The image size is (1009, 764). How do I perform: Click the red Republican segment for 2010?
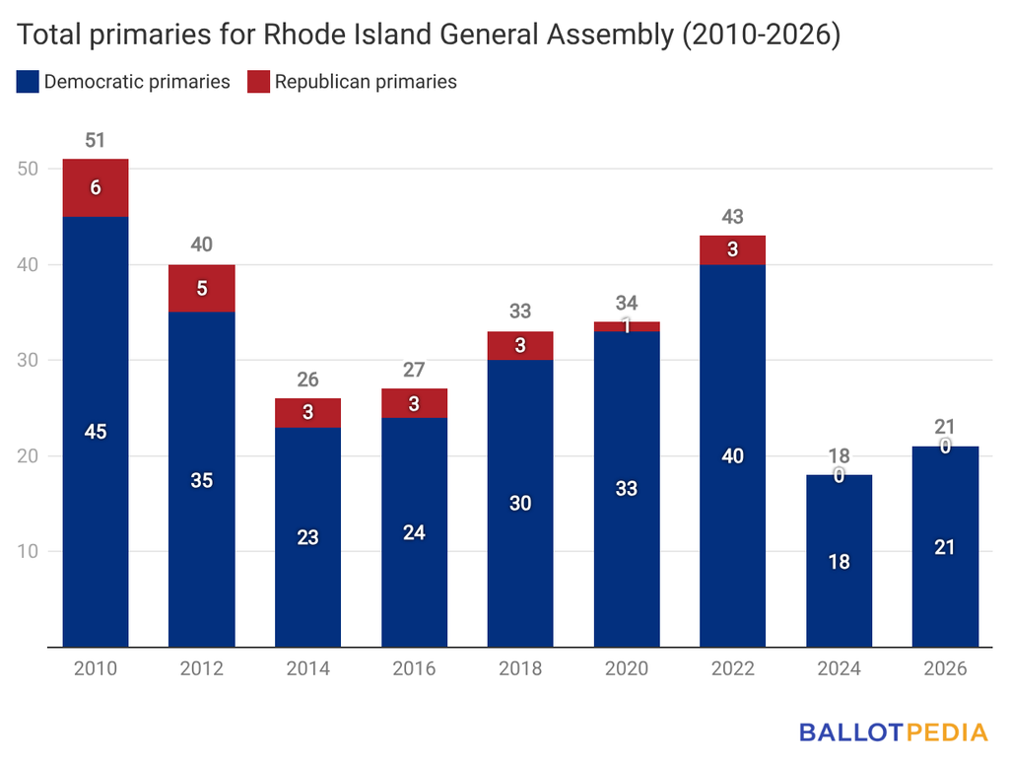tap(96, 188)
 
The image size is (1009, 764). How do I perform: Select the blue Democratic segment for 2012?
tap(201, 479)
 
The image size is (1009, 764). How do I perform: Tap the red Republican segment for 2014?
tap(307, 413)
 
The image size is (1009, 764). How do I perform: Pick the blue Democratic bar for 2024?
tap(840, 561)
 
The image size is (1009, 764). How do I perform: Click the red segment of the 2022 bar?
tap(733, 249)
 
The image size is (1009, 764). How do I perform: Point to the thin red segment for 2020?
tap(627, 326)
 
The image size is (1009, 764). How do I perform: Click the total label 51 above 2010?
tap(96, 140)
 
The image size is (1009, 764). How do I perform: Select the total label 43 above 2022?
tap(733, 217)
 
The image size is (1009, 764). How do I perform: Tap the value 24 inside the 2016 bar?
tap(414, 533)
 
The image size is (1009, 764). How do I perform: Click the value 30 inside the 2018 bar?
tap(520, 503)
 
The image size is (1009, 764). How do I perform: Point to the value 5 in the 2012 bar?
tap(202, 289)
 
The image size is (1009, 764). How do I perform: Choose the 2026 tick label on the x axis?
tap(945, 668)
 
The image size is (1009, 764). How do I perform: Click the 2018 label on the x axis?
tap(520, 668)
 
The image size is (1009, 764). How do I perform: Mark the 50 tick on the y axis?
tap(28, 169)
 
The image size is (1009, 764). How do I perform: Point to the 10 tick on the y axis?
tap(28, 552)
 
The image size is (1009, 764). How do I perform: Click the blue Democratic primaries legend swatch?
tap(28, 82)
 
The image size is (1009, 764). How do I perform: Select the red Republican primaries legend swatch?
tap(259, 82)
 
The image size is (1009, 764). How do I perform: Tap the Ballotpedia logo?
tap(893, 732)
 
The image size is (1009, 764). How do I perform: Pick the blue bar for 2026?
tap(945, 546)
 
